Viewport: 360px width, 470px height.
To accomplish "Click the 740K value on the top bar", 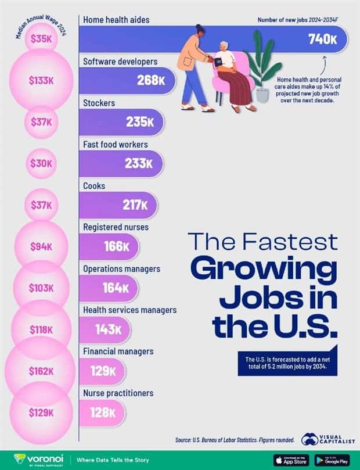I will (322, 40).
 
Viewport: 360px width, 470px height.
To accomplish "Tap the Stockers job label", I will (99, 103).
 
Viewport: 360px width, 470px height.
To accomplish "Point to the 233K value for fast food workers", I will (139, 164).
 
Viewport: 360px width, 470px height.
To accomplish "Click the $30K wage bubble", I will (41, 164).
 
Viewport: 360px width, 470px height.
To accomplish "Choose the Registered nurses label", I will (116, 227).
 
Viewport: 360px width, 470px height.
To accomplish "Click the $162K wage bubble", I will (41, 371).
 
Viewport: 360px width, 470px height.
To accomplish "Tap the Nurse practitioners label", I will (118, 393).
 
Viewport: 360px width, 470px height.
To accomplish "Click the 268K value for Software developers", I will (150, 81).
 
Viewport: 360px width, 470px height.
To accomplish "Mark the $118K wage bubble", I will (41, 329).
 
